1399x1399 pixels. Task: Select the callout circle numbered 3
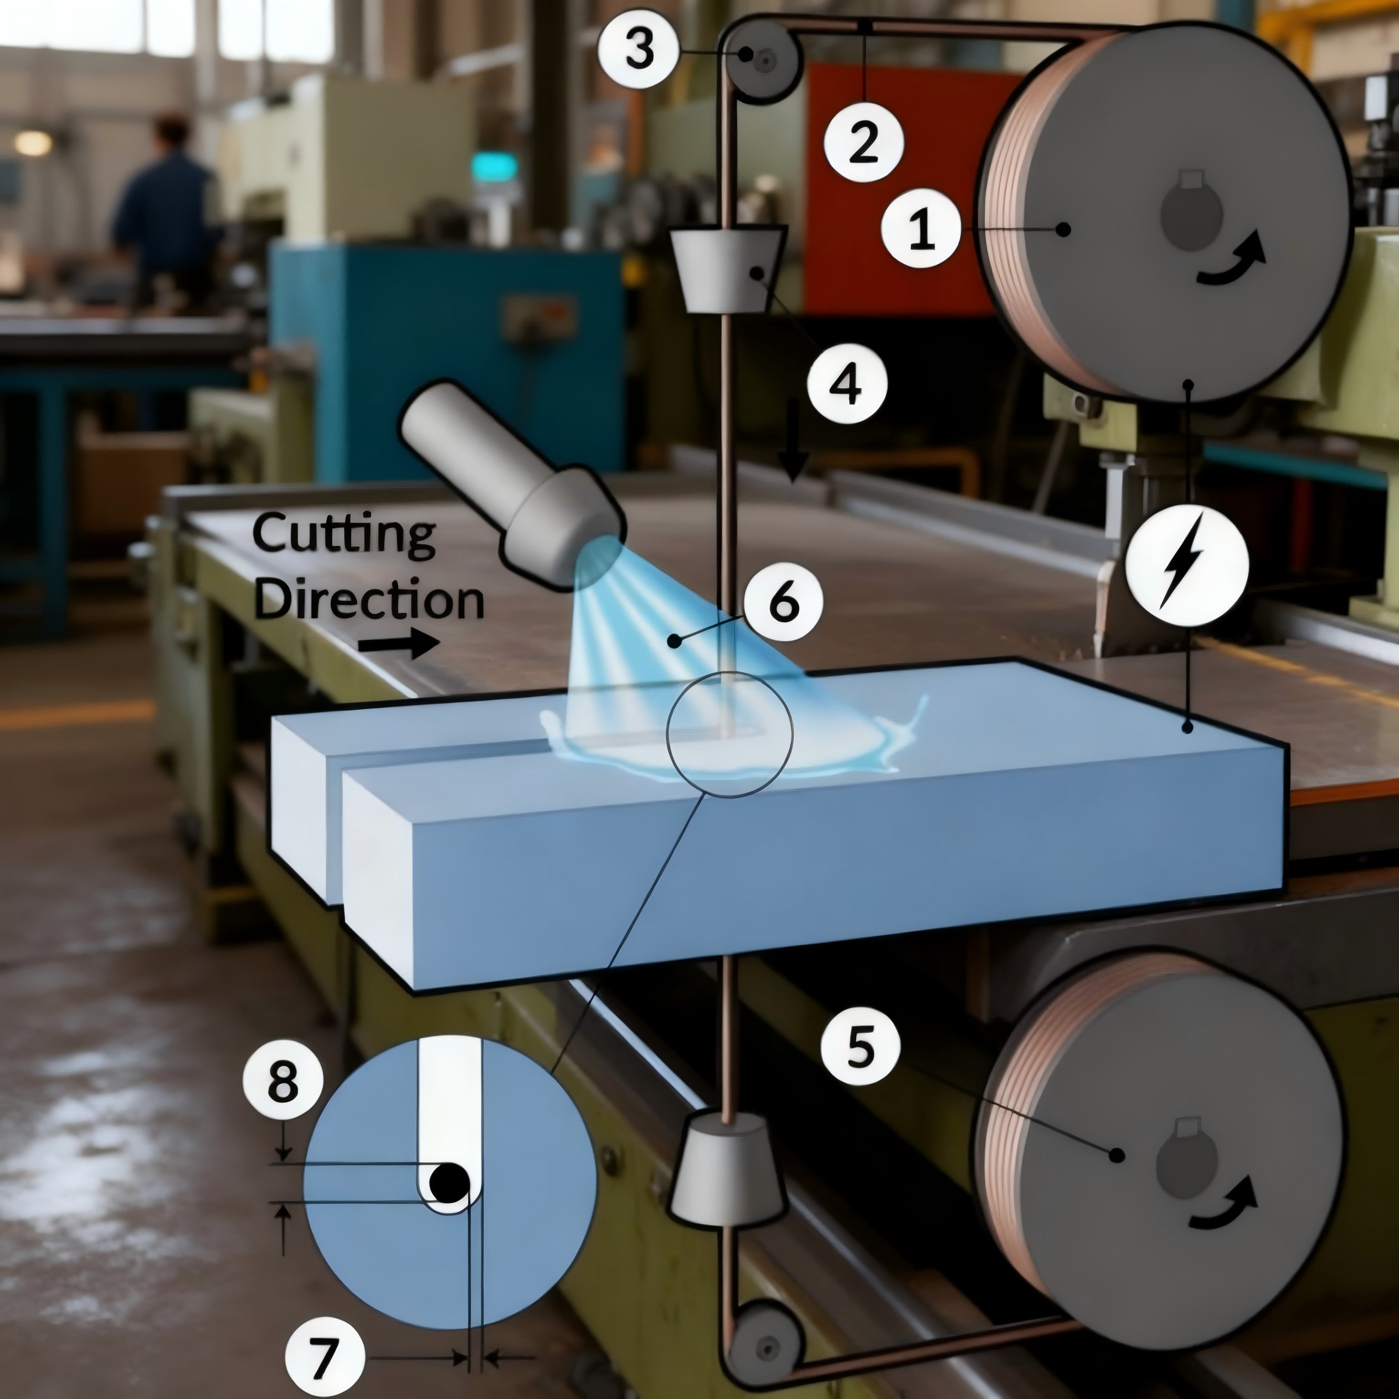[x=639, y=49]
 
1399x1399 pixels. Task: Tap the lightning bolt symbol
[x=1187, y=565]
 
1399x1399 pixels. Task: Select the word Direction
[x=369, y=600]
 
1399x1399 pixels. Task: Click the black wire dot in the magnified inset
[x=449, y=1183]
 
